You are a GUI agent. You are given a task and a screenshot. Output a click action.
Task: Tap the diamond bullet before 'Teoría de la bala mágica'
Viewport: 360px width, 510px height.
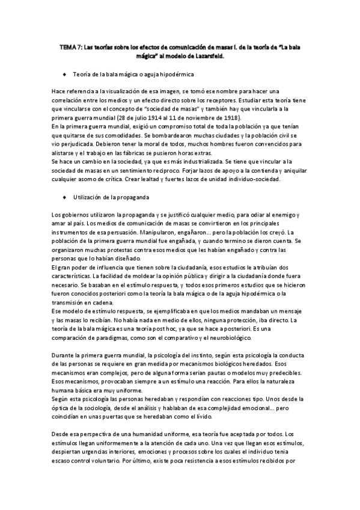(x=64, y=75)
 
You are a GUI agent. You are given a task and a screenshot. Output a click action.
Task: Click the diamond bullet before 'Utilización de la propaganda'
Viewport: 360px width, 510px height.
(x=64, y=197)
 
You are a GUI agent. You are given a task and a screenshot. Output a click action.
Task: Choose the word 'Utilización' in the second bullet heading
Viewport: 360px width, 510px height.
(x=88, y=197)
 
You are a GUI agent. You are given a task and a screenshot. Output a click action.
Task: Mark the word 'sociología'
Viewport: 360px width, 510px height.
(x=96, y=407)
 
